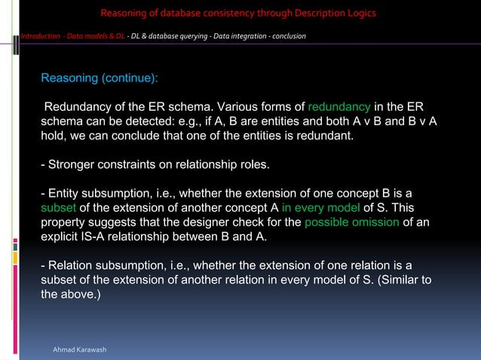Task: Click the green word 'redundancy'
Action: click(339, 106)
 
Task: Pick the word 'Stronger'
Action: click(72, 164)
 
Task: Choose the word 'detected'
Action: click(179, 121)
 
